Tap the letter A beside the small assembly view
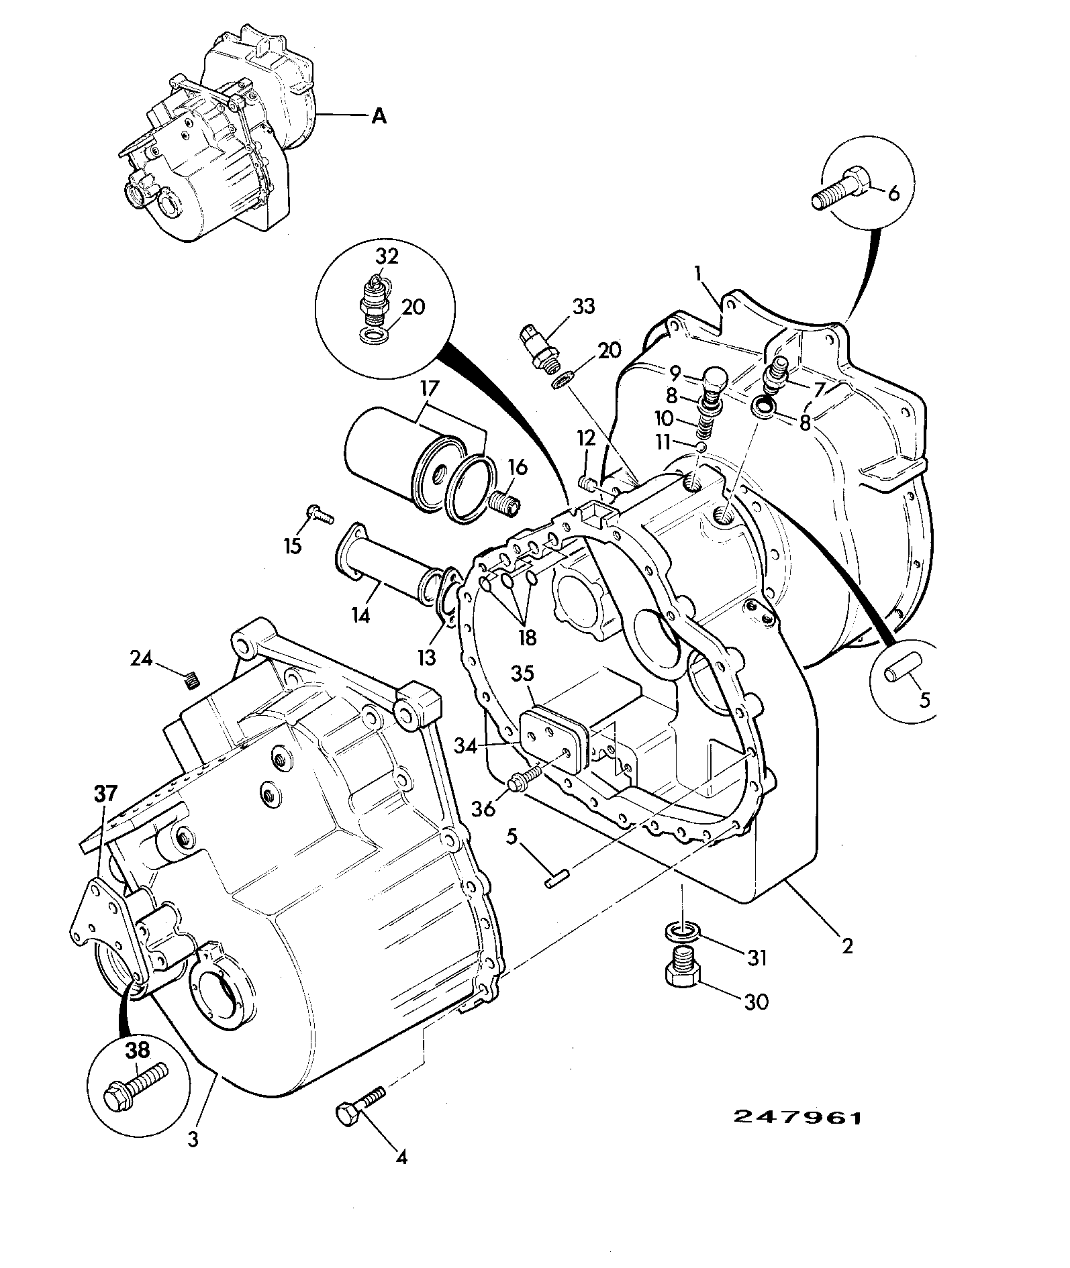379,117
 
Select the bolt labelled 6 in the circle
842,189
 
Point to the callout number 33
583,307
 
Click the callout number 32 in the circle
387,256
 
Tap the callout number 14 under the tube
362,615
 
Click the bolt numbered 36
524,781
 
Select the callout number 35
523,674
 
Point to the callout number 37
105,794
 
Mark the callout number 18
528,637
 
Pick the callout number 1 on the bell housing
698,273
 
